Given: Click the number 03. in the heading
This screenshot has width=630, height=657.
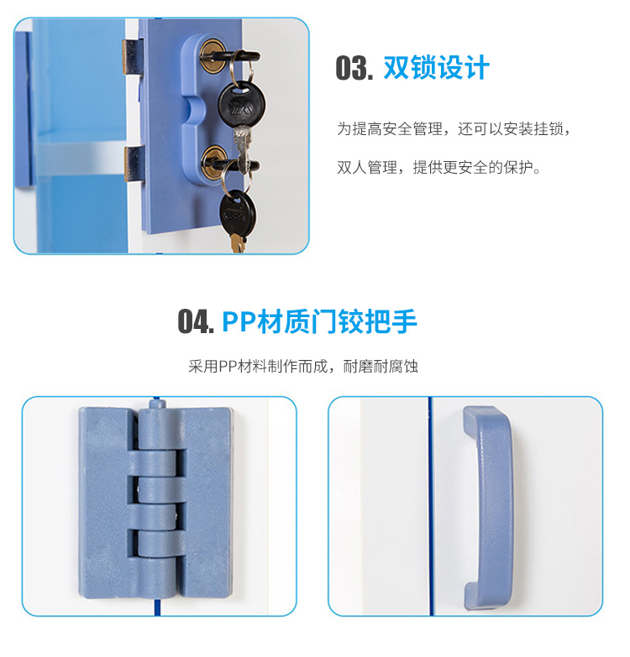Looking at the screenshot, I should point(353,68).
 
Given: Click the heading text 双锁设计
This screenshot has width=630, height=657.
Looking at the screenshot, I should point(436,67).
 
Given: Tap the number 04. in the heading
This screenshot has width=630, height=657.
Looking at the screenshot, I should point(196,321).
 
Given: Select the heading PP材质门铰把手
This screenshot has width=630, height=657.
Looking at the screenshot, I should point(319,321).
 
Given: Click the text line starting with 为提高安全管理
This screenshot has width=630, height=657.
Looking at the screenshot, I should point(453,129).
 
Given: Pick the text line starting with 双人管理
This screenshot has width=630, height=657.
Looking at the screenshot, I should point(439,168).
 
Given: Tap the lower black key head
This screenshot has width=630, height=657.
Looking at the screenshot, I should point(236,210).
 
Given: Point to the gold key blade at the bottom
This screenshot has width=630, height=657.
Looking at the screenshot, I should point(238,243).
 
